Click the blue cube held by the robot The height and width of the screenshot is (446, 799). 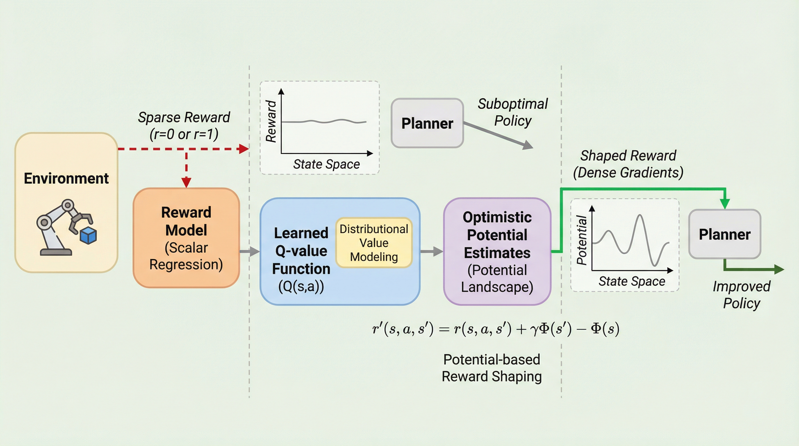pyautogui.click(x=88, y=235)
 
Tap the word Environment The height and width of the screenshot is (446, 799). pyautogui.click(x=66, y=179)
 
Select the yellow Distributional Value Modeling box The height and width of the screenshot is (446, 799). pyautogui.click(x=374, y=242)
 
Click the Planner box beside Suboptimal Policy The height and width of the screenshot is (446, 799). pyautogui.click(x=427, y=123)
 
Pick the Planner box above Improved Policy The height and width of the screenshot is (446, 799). pyautogui.click(x=725, y=234)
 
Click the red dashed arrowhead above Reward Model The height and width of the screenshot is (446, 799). pyautogui.click(x=186, y=182)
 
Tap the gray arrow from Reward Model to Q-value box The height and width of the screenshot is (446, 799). pyautogui.click(x=250, y=251)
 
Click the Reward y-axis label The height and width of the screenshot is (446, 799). pyautogui.click(x=271, y=121)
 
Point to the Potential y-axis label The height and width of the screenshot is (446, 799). pyautogui.click(x=582, y=240)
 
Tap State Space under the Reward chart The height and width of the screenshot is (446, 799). pyautogui.click(x=326, y=164)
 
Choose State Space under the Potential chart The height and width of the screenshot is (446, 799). pyautogui.click(x=631, y=281)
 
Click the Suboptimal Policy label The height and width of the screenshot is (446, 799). pyautogui.click(x=513, y=112)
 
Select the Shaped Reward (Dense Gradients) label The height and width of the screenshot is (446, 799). pyautogui.click(x=628, y=164)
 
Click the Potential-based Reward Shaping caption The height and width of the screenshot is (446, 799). pyautogui.click(x=492, y=368)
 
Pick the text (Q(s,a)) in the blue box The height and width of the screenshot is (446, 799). pyautogui.click(x=301, y=286)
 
